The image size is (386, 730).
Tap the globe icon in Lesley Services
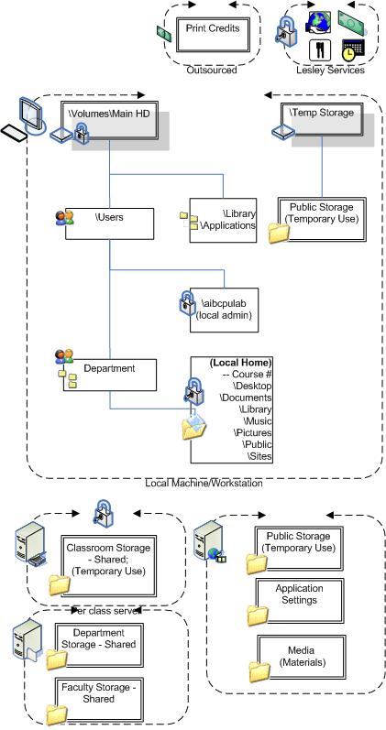[318, 22]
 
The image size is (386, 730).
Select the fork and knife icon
[320, 49]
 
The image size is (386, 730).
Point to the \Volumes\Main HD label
[109, 113]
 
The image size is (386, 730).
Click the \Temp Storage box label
[322, 112]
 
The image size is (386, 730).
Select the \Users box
[109, 223]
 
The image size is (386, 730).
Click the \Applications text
[227, 226]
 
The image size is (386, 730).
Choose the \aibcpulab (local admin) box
[224, 310]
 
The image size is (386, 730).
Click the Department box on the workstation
[109, 375]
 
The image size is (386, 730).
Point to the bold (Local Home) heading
[240, 363]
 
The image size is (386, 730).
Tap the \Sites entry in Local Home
[259, 456]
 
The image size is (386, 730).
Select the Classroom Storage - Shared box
[108, 565]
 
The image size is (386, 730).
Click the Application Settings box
[299, 601]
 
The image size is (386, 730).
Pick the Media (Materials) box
[301, 657]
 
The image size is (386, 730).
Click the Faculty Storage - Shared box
[99, 699]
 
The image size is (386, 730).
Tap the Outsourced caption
[212, 71]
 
